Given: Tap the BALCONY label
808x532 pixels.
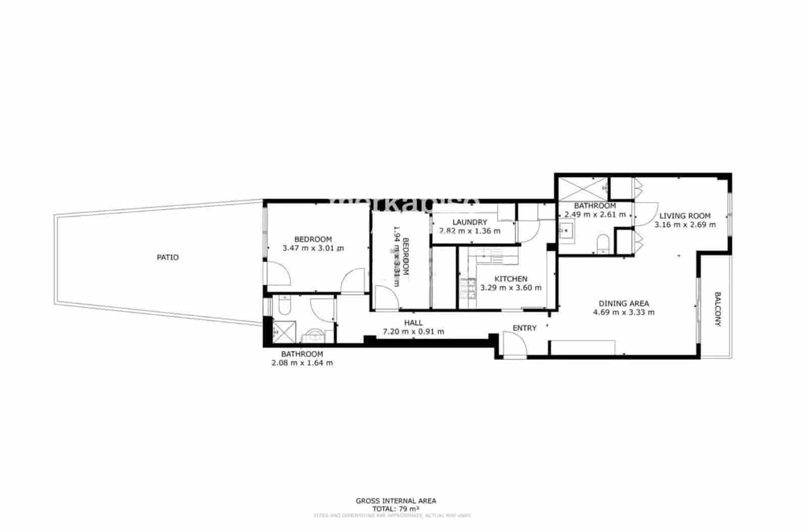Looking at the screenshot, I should point(717,309).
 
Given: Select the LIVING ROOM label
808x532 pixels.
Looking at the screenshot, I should point(685,216).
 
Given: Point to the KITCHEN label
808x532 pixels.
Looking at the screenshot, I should point(511,279).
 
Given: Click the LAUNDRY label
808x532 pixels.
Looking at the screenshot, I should point(470,222).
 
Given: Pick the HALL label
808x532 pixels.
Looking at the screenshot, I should point(413,323).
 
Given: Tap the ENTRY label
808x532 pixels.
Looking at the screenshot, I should point(524,328).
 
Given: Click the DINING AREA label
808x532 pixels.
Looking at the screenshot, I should point(624,304).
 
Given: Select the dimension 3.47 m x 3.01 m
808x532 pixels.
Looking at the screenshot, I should point(313,248).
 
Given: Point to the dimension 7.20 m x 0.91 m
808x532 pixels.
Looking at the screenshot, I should point(413,332).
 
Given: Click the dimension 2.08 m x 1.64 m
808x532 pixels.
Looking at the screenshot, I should point(302,363).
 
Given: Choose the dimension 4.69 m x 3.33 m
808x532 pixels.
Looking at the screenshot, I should point(624,312).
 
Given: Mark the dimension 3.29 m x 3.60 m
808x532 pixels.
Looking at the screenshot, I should point(511,288).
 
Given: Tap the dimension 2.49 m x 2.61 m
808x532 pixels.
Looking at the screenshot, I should point(595,214).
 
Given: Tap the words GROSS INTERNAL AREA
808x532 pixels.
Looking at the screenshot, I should point(396,501).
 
